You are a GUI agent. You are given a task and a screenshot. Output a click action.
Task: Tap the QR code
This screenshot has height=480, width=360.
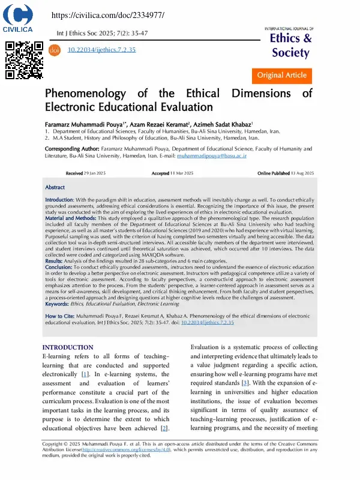[24, 60]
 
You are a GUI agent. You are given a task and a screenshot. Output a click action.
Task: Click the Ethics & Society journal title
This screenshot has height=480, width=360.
[291, 46]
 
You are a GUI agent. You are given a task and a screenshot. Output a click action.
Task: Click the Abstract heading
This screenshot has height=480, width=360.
[55, 187]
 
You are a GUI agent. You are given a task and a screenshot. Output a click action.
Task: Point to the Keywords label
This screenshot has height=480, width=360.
[60, 304]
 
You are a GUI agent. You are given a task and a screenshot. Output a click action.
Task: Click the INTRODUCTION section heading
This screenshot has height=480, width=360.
[68, 347]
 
